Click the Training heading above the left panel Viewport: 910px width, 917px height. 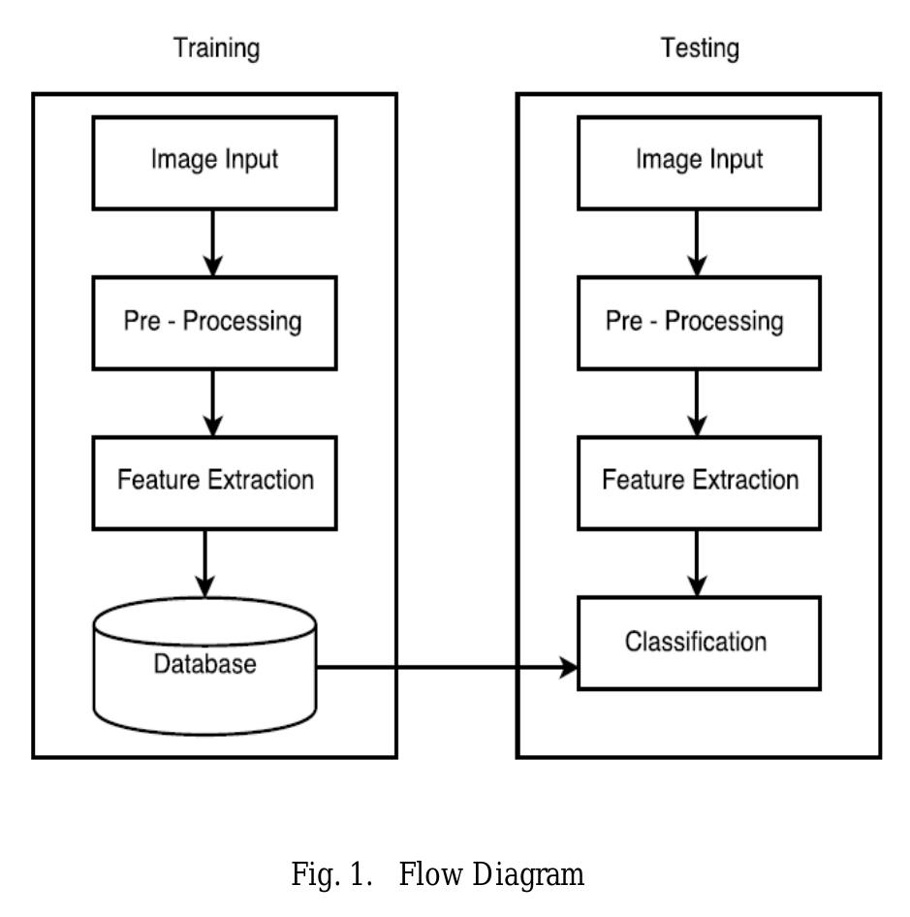(216, 47)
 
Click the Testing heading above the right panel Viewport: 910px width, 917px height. (700, 47)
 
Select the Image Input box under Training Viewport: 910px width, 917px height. (214, 162)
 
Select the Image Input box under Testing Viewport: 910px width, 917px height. (699, 162)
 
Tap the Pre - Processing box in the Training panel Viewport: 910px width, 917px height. (214, 322)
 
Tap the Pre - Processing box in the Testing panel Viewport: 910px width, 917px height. (699, 322)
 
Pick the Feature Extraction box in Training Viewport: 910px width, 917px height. (214, 481)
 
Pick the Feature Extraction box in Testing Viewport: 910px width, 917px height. (699, 481)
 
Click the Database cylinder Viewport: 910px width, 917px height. (204, 669)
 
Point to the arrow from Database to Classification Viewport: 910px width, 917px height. (446, 667)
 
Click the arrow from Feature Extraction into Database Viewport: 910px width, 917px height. (204, 562)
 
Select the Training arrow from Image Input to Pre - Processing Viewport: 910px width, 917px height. (213, 242)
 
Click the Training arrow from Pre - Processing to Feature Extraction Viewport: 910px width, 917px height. (213, 402)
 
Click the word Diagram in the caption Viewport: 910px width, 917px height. (528, 876)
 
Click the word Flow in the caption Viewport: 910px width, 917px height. (432, 876)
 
